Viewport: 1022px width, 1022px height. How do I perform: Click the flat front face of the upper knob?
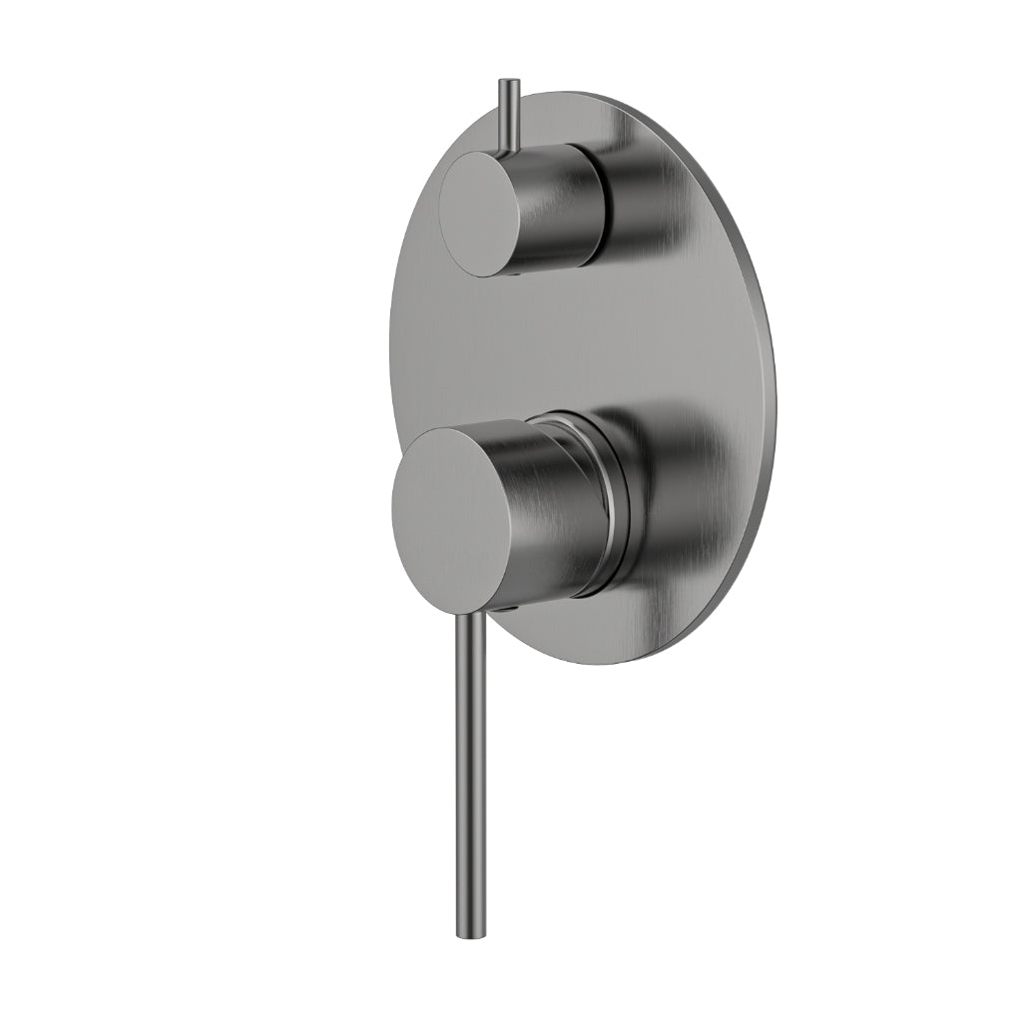coord(480,214)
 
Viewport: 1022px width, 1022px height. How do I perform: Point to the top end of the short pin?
coord(509,82)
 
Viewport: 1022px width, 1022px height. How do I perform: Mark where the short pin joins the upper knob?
coord(509,150)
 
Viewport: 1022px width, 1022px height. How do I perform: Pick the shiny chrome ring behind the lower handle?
coord(606,499)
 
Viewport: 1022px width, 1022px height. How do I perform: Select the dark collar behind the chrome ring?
coord(624,499)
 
